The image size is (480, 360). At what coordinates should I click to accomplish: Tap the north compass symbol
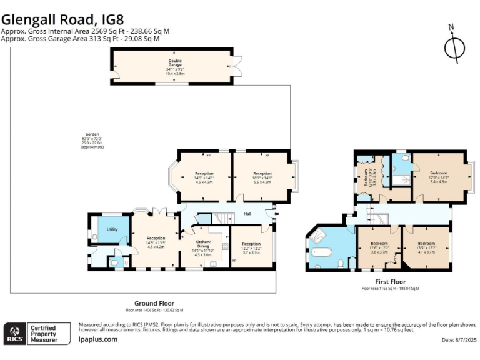pyautogui.click(x=455, y=47)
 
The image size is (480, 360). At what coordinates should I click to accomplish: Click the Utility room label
pyautogui.click(x=112, y=230)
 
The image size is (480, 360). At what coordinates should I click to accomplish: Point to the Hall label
pyautogui.click(x=247, y=214)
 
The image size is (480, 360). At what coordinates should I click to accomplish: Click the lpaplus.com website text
pyautogui.click(x=98, y=339)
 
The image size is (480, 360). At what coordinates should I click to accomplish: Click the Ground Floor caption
pyautogui.click(x=154, y=303)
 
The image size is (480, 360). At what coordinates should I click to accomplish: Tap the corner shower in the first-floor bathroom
pyautogui.click(x=319, y=236)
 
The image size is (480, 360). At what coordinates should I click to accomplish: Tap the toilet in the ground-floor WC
pyautogui.click(x=114, y=264)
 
